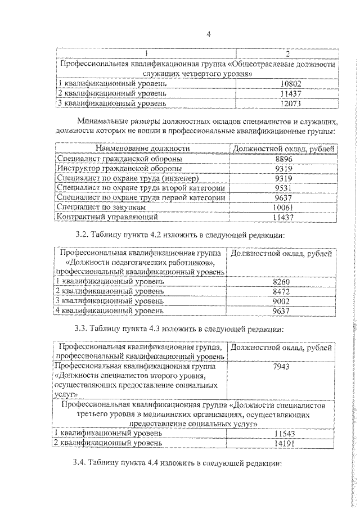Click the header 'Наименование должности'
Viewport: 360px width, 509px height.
pyautogui.click(x=142, y=148)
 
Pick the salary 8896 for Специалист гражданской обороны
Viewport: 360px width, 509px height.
pyautogui.click(x=284, y=159)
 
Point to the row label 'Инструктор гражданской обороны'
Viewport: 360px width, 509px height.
pyautogui.click(x=120, y=168)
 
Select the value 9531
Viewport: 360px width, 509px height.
pyautogui.click(x=284, y=188)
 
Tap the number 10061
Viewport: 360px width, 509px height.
pyautogui.click(x=284, y=207)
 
